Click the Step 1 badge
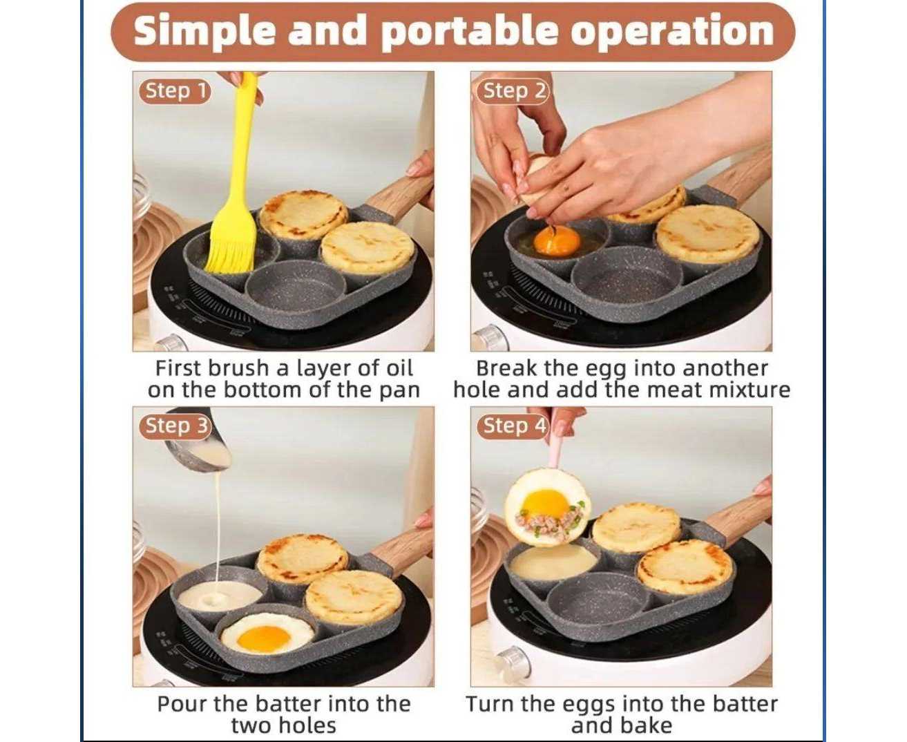175,91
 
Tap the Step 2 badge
513,91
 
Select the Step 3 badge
175,426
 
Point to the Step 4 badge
513,426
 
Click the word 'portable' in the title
470,32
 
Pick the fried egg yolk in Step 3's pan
264,638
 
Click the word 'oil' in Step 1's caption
399,368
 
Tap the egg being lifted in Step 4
547,508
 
